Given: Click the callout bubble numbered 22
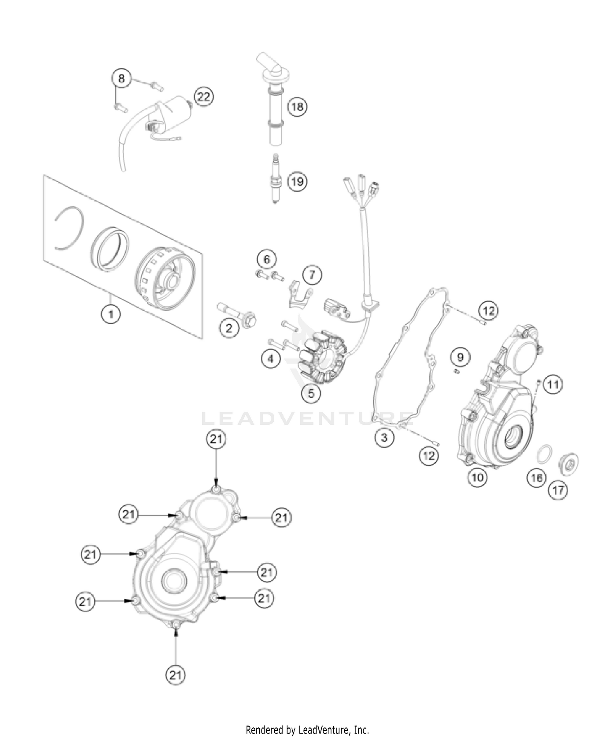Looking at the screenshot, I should (x=204, y=97).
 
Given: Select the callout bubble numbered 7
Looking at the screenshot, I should (x=312, y=275).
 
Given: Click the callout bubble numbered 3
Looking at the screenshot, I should (x=384, y=438).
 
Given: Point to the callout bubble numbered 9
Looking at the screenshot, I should (x=460, y=357).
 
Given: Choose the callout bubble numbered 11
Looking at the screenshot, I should (x=553, y=385).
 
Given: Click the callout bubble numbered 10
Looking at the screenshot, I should (x=478, y=477).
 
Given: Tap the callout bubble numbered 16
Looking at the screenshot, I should (x=537, y=478).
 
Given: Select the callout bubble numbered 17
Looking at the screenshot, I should (x=558, y=490).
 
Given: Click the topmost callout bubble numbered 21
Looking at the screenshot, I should (x=216, y=440).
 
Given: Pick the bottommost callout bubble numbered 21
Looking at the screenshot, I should (x=175, y=675).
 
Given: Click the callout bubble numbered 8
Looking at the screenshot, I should (x=121, y=78).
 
